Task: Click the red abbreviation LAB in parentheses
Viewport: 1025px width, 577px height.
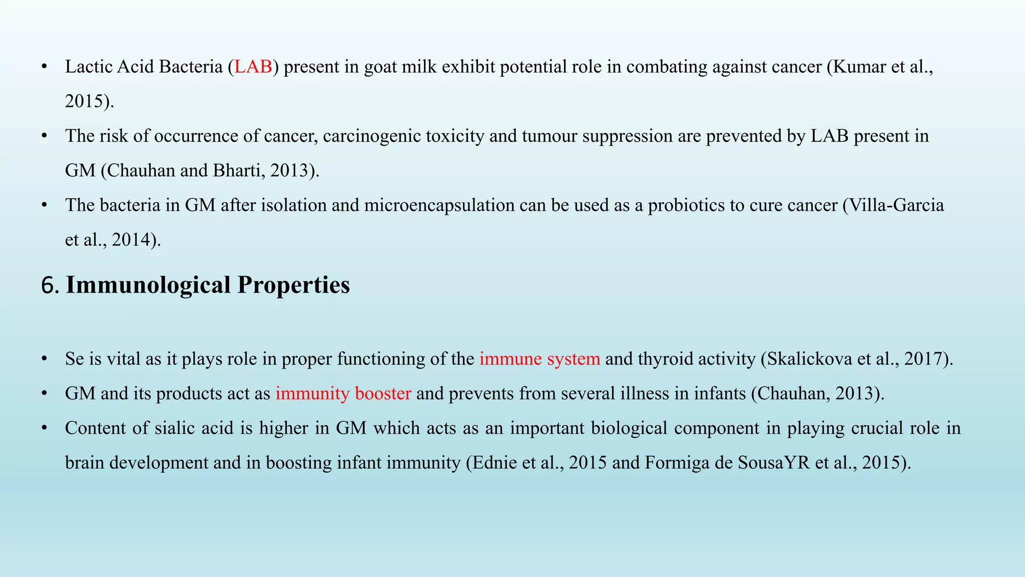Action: coord(253,67)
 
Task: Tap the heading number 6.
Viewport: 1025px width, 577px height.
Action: coord(50,285)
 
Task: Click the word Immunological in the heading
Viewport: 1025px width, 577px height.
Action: coord(148,285)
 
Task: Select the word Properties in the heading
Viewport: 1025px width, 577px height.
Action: coord(293,285)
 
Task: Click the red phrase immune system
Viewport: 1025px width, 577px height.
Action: coord(540,359)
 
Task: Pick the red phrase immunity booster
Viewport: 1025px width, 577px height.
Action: coord(343,393)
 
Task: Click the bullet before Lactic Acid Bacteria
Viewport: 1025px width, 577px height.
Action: coord(45,67)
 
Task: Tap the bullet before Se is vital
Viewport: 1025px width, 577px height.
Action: coord(45,359)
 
